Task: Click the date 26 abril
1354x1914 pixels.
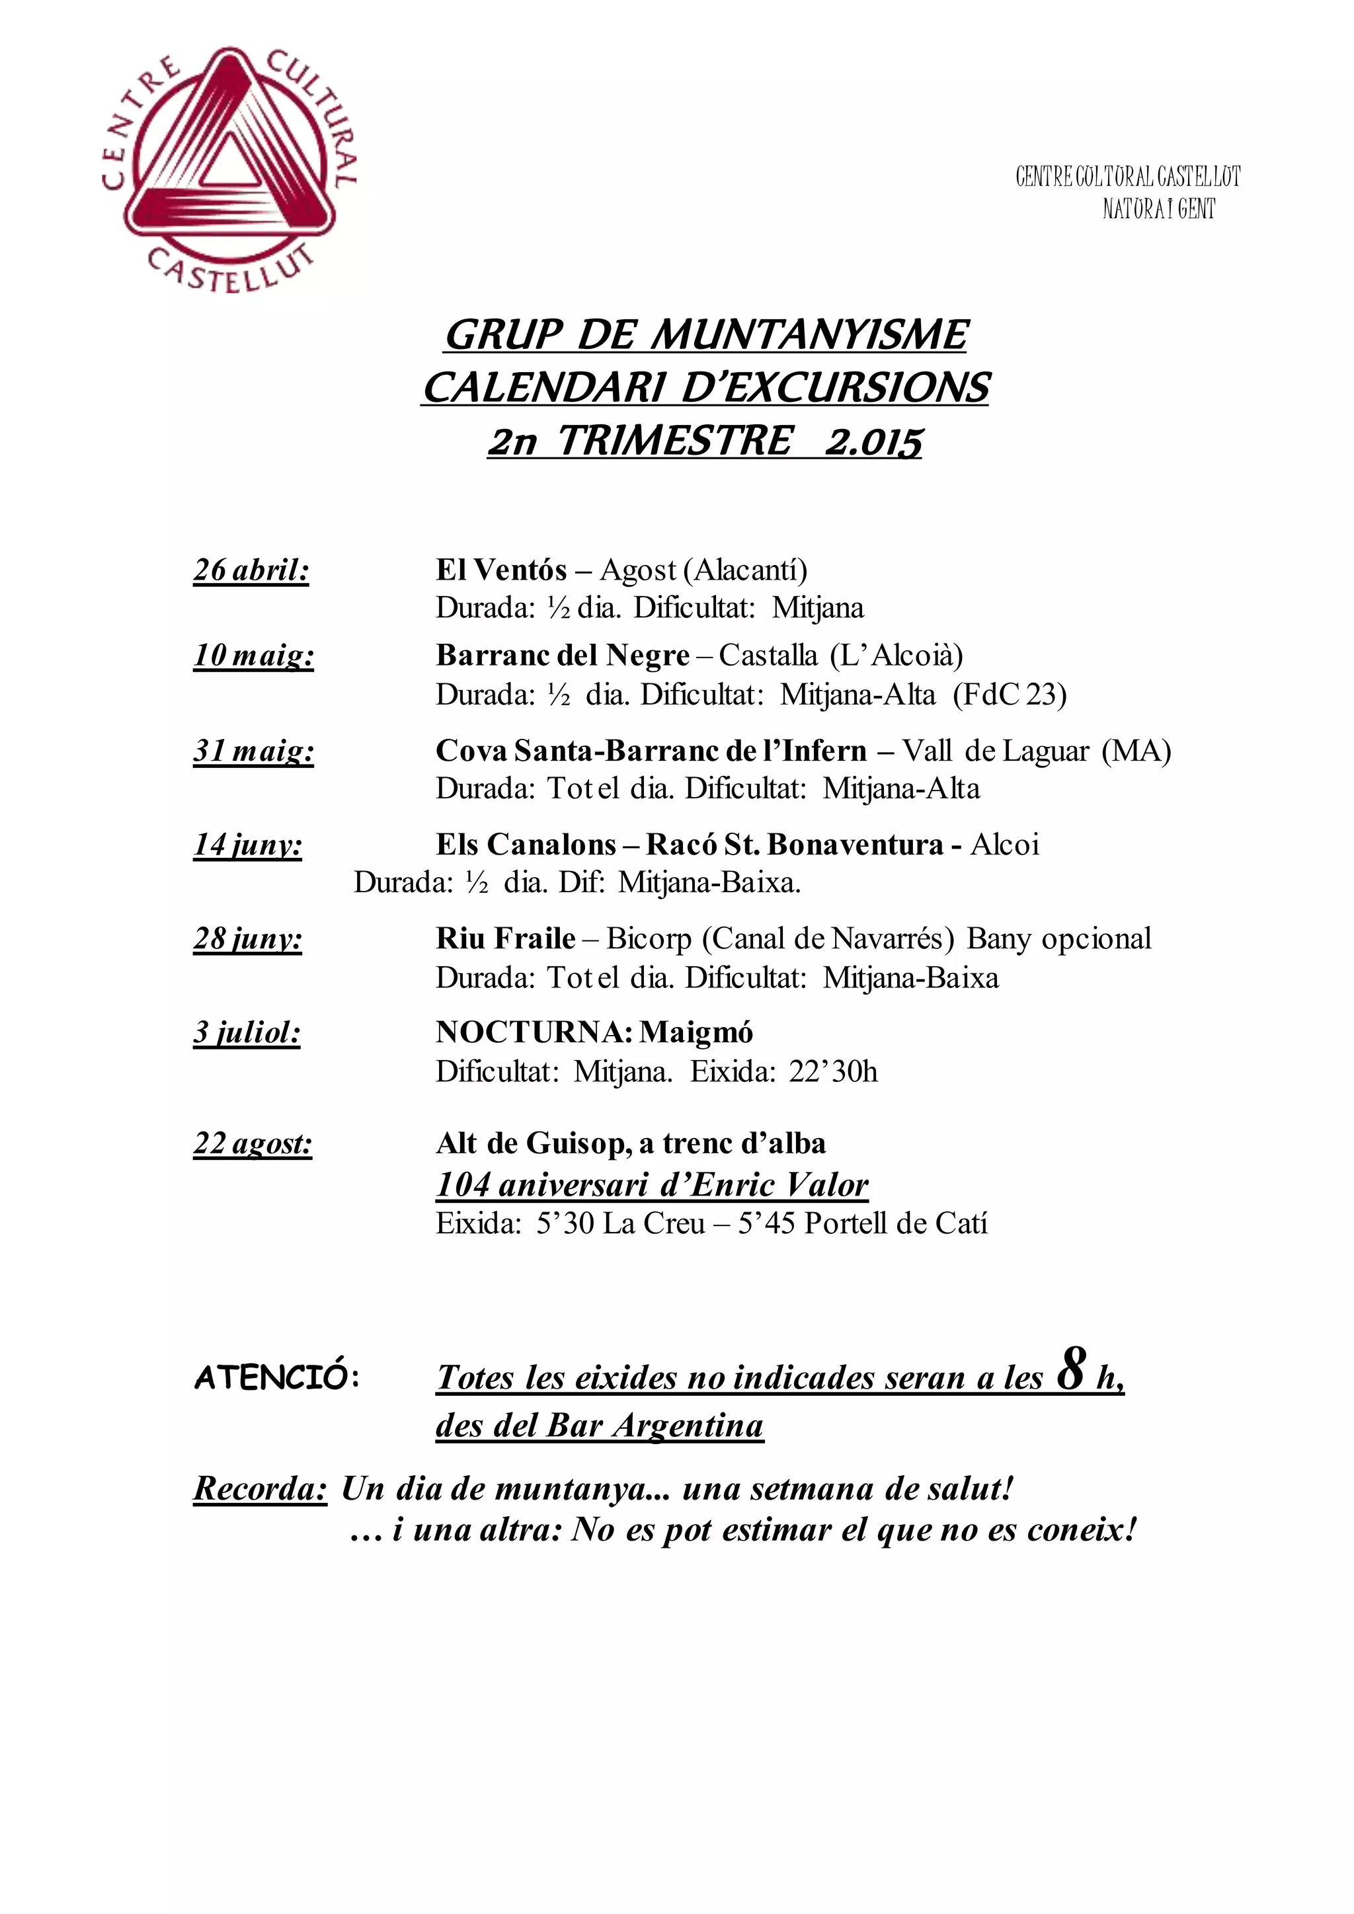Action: pos(251,570)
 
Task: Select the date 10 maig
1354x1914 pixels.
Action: pos(253,656)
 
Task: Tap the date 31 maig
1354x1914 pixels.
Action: pos(253,751)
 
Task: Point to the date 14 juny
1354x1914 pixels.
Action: pos(248,845)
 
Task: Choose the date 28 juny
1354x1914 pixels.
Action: pos(248,940)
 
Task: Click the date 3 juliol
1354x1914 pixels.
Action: pos(247,1034)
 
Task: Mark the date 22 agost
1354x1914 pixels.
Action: pos(253,1144)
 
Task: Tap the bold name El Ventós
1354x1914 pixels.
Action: pos(501,570)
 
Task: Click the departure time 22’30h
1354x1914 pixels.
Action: pos(833,1071)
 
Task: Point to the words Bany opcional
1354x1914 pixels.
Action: pos(1059,938)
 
